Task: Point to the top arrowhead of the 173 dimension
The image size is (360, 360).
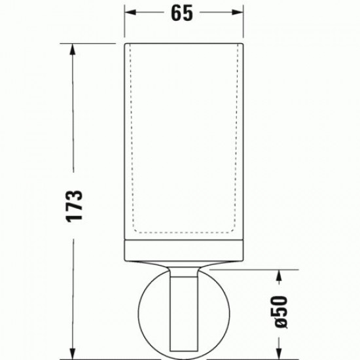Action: pyautogui.click(x=73, y=48)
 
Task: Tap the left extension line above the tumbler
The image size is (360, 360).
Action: pyautogui.click(x=125, y=23)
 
